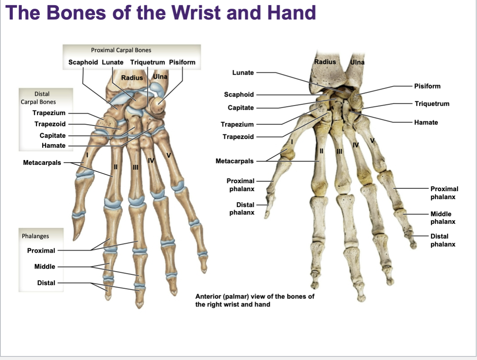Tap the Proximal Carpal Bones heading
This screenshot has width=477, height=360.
121,50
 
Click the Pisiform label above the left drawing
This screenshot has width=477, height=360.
182,62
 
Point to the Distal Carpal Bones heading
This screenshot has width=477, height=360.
39,98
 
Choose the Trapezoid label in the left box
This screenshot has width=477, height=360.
50,124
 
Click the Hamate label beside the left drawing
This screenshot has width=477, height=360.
53,145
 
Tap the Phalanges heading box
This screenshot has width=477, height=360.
35,236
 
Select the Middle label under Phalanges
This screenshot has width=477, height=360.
45,267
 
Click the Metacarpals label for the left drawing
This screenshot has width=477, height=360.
42,163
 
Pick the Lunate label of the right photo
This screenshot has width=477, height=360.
243,72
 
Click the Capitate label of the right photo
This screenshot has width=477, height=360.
240,108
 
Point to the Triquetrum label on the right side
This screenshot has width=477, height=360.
432,104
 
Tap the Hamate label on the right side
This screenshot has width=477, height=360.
426,122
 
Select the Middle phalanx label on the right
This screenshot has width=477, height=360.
443,218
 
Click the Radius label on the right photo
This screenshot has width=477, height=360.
325,62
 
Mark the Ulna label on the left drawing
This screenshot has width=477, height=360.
160,76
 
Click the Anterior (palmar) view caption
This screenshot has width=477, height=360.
255,300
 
